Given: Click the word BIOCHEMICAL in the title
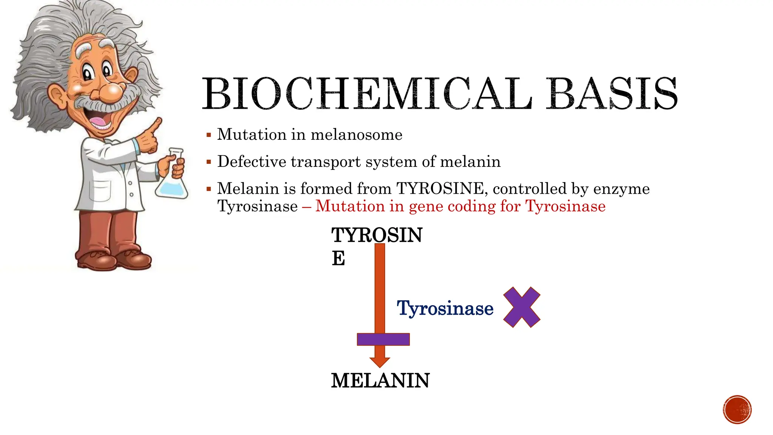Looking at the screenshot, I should click(366, 94).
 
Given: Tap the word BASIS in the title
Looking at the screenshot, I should click(612, 94).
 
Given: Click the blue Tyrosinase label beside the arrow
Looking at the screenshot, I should click(445, 309).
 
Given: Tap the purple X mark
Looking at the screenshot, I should click(522, 307).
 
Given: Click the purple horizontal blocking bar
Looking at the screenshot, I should click(383, 339).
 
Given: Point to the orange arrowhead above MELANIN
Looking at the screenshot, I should click(380, 361).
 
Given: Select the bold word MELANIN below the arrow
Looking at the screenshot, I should click(380, 381).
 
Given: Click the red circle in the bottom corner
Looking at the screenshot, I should click(737, 409).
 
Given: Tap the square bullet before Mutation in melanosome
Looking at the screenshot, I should click(209, 135).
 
